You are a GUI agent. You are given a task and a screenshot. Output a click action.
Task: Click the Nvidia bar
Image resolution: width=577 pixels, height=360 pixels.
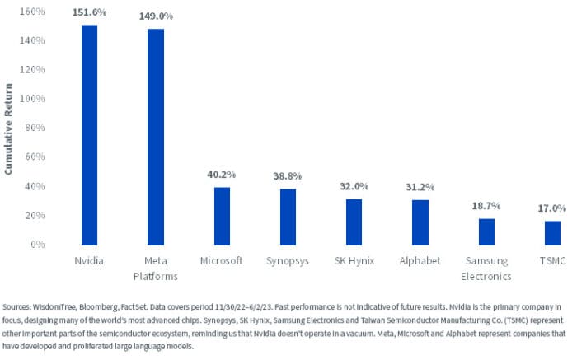[x=89, y=135]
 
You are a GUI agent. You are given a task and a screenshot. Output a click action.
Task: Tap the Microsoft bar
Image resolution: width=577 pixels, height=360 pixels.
[x=222, y=216]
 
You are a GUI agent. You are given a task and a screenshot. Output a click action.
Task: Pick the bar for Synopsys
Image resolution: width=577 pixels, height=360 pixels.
[x=288, y=217]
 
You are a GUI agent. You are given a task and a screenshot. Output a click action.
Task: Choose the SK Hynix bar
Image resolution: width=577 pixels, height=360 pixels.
[x=354, y=222]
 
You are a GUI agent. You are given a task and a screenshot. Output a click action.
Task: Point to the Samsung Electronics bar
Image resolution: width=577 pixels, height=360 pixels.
[x=486, y=231]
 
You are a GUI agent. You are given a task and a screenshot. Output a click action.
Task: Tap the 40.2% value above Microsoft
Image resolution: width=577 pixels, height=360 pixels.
[x=222, y=175]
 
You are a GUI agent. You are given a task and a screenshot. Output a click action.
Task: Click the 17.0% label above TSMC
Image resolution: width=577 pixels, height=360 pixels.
[x=553, y=208]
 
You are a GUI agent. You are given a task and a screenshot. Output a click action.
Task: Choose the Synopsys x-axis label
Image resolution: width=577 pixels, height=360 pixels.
[x=288, y=261]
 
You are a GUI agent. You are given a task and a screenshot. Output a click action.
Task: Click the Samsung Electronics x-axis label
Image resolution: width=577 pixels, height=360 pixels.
[x=486, y=269]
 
